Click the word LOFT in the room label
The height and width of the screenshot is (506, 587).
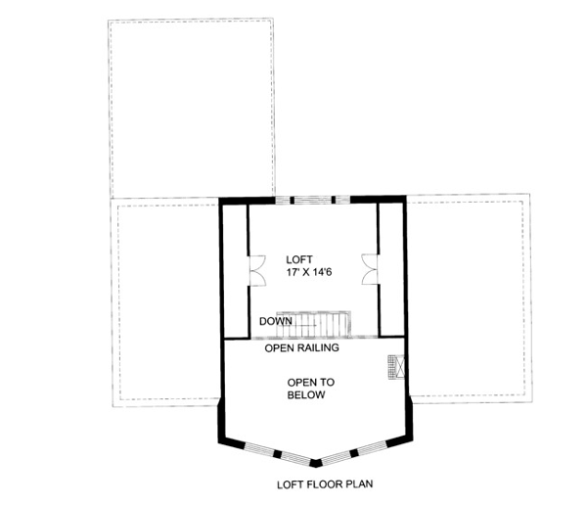click(x=299, y=259)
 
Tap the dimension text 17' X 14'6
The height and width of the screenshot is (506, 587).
click(x=309, y=272)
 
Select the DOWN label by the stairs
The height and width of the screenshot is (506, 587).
click(x=276, y=321)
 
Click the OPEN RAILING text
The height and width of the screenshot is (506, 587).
click(x=301, y=348)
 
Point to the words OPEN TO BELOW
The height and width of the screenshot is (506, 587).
click(x=311, y=389)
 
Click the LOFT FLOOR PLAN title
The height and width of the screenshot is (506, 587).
click(x=325, y=484)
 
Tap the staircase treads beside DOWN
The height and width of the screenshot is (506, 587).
click(x=314, y=324)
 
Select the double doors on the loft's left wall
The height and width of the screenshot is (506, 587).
click(x=257, y=271)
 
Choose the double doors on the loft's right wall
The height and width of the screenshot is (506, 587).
click(x=370, y=269)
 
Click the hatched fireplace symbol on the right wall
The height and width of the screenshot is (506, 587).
click(x=396, y=367)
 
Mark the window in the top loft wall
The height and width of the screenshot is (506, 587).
click(x=313, y=200)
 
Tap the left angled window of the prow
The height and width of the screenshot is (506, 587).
click(x=277, y=453)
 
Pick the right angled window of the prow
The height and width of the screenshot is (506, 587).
click(x=353, y=452)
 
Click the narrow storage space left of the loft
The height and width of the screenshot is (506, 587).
click(x=235, y=270)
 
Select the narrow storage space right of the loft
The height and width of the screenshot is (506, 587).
click(x=391, y=269)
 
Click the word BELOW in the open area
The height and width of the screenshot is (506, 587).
click(x=306, y=395)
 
